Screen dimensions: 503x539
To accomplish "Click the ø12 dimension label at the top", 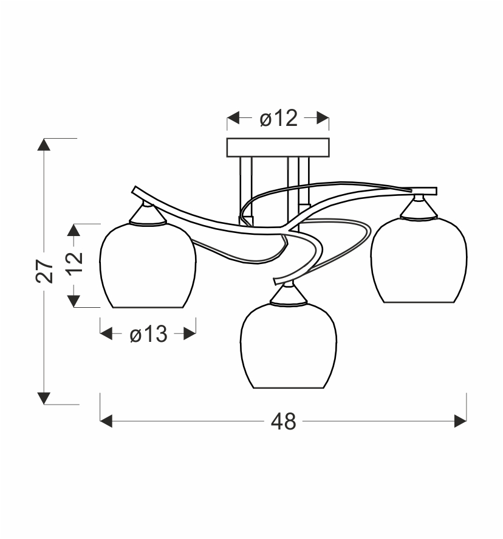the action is click(x=278, y=118).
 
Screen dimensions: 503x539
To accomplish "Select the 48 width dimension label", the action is click(x=283, y=422).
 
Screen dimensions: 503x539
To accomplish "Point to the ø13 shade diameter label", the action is click(x=148, y=334).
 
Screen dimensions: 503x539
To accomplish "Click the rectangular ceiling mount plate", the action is click(x=278, y=147).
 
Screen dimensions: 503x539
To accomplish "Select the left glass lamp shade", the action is click(x=148, y=265).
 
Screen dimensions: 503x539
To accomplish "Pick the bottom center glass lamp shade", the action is click(x=289, y=346).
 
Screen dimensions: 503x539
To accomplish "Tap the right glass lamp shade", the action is click(x=419, y=260).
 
